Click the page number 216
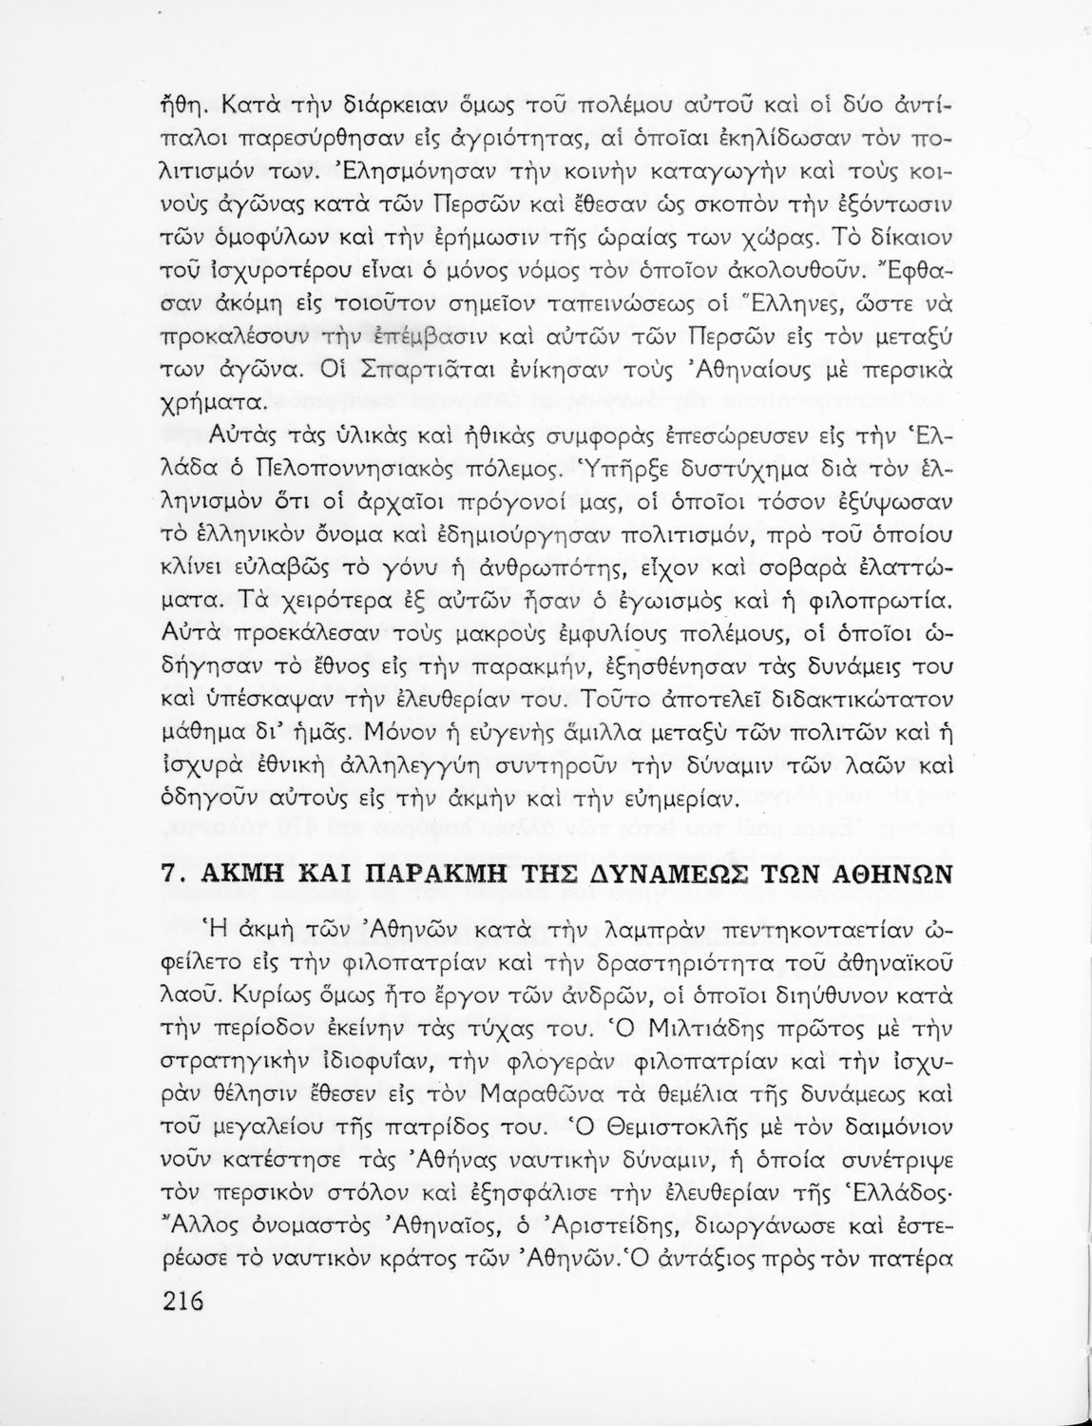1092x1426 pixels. click(x=178, y=1300)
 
